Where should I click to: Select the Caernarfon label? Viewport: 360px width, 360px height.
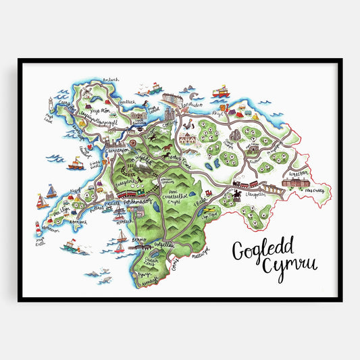[x=99, y=144]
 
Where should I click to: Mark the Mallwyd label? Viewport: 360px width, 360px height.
[x=203, y=249]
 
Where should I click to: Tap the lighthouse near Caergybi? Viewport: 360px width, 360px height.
[x=49, y=103]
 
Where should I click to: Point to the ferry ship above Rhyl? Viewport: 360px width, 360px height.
[x=221, y=91]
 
